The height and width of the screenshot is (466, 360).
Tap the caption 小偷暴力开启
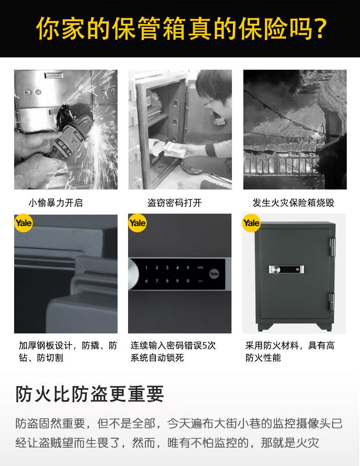(56, 203)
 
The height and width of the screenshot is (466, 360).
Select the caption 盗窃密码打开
(175, 203)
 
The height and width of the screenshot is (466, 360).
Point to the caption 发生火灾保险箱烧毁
(293, 203)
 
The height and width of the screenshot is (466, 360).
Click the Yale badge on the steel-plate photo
(24, 223)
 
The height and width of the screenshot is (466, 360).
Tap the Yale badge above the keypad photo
(137, 223)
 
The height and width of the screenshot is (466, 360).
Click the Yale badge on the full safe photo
(251, 223)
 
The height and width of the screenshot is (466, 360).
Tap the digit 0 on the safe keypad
(188, 281)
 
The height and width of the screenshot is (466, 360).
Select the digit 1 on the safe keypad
(146, 268)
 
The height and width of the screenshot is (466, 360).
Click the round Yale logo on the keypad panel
(214, 274)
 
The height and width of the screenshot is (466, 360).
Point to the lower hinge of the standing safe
(332, 302)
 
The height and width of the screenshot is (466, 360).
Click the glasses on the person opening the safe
(211, 102)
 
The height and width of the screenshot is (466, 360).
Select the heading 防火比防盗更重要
(89, 394)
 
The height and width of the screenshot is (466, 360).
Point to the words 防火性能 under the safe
(263, 358)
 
